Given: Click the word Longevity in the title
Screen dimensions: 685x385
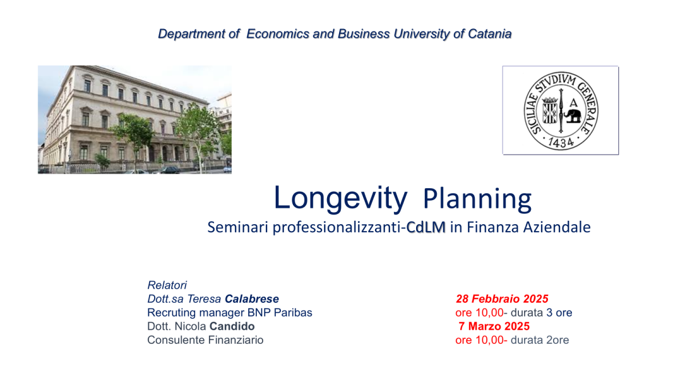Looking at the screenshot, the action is click(x=340, y=198).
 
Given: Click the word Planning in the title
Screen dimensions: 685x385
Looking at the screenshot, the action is click(x=477, y=200).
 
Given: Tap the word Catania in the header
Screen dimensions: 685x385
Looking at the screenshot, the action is click(x=490, y=34).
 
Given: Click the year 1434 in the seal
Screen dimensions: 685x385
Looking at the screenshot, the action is click(x=561, y=142).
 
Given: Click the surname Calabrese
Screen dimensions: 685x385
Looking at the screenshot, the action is click(x=252, y=299).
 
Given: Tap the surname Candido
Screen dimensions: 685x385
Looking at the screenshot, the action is click(x=232, y=326).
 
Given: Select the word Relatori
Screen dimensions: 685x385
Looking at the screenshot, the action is click(x=167, y=285).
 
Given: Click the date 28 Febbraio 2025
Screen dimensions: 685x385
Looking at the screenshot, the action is click(x=502, y=299).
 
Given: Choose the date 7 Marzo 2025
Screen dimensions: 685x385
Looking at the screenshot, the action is click(x=494, y=326).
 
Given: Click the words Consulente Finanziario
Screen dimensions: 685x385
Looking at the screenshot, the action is click(x=205, y=340).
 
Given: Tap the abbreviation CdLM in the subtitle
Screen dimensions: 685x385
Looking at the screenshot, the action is click(x=426, y=228).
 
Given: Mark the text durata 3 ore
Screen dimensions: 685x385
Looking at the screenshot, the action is click(x=541, y=313).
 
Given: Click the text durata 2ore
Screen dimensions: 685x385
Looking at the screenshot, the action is click(x=540, y=340).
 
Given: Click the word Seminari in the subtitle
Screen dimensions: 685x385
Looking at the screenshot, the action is click(x=237, y=228).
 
